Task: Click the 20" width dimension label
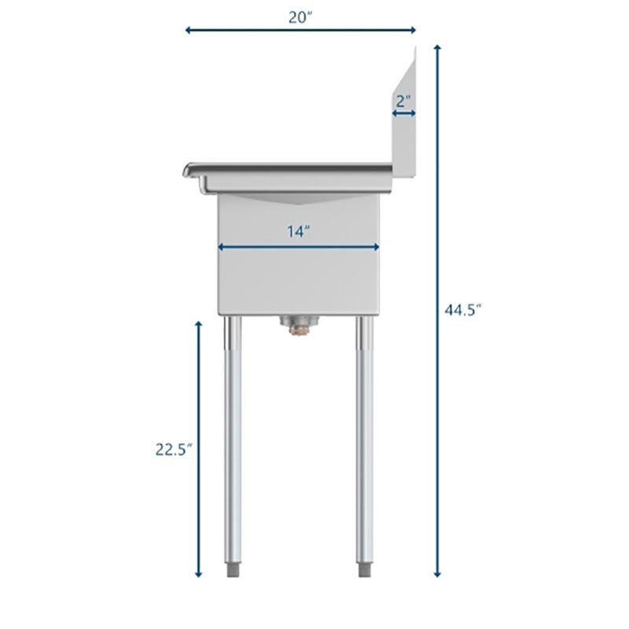point(300,18)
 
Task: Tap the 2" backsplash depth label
point(403,101)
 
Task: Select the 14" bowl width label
point(300,231)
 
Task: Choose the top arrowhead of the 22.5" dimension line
point(199,323)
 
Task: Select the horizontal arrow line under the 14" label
point(299,247)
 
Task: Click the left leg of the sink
point(234,440)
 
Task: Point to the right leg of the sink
point(364,440)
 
